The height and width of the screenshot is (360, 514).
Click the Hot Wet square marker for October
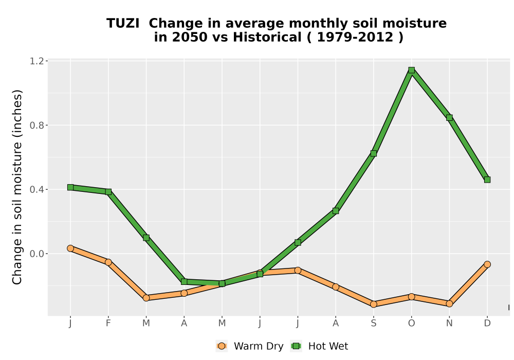[x=411, y=70]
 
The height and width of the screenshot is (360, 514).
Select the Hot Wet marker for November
[x=449, y=118]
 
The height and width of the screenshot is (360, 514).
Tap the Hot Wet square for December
[x=487, y=179]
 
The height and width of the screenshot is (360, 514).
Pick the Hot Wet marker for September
[x=373, y=153]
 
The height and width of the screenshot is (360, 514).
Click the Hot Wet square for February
[x=108, y=192]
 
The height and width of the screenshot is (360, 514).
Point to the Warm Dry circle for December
[x=487, y=264]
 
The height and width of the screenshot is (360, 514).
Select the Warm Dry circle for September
[x=373, y=304]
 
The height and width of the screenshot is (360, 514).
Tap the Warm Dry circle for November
[x=449, y=303]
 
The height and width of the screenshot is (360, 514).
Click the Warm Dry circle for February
[x=108, y=262]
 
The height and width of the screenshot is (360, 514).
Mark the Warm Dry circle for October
[x=411, y=297]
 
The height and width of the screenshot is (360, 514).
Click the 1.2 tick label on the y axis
[x=36, y=61]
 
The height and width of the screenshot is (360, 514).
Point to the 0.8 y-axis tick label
[x=36, y=125]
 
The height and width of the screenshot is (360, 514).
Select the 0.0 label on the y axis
[x=36, y=254]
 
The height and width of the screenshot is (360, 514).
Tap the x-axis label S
[x=373, y=323]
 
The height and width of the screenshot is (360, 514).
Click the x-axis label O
[x=411, y=323]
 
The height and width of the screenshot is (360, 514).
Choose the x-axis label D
[x=487, y=323]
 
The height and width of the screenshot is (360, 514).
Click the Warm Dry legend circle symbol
[x=222, y=346]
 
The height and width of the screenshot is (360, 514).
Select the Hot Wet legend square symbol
[x=297, y=346]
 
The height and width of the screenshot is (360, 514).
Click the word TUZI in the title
[x=123, y=24]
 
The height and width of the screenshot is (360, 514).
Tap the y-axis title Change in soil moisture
[x=17, y=187]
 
